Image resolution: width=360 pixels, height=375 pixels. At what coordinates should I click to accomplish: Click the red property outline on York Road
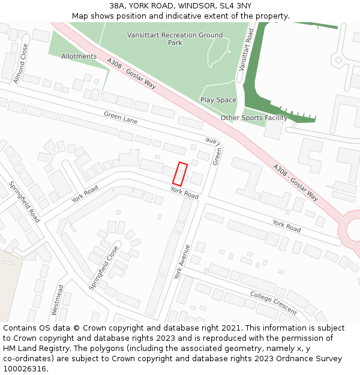point(180,174)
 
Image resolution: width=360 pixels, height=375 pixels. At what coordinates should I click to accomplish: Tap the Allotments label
point(79,56)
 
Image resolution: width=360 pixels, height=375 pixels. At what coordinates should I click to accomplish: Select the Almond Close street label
point(21,64)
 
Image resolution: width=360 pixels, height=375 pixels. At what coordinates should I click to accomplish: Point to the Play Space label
point(218,100)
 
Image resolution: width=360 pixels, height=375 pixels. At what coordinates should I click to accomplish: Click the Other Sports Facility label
point(254,118)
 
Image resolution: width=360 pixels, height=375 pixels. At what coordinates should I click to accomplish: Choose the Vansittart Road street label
point(247,49)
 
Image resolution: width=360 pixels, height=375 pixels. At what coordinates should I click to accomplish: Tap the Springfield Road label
point(24,201)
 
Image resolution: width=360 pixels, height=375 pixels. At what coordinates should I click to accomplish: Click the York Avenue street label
point(182,262)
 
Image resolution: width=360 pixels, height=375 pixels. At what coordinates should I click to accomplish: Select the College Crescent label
point(274,303)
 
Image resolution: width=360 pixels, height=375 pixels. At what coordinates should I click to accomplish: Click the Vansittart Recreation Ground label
point(175,35)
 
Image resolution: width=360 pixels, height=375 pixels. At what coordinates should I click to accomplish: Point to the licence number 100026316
point(25,368)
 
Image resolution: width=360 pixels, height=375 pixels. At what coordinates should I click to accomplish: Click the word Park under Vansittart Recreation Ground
point(175,43)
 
